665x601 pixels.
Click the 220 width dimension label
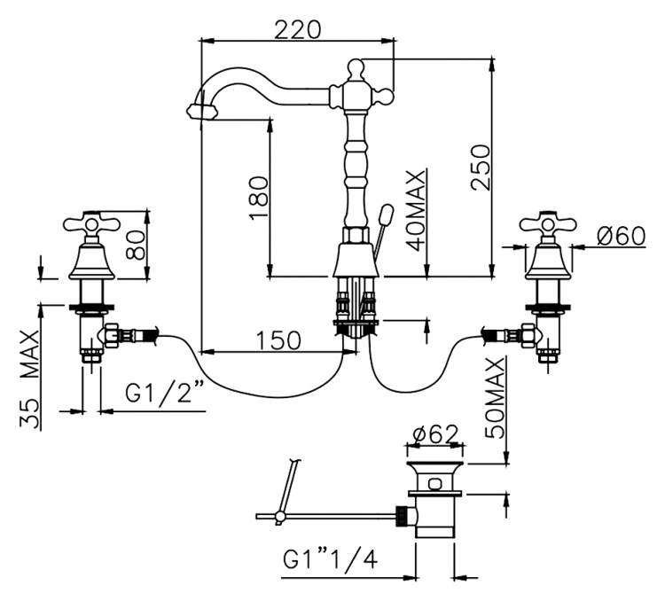298,29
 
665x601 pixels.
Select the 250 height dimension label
481,167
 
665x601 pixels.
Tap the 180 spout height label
259,197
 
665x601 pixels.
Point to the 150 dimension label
278,340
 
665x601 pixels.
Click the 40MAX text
416,210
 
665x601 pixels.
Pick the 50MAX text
495,397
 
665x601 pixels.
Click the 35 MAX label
30,379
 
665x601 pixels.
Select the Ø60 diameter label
621,236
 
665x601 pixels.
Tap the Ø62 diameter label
435,433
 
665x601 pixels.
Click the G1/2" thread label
165,393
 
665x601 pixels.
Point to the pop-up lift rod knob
387,214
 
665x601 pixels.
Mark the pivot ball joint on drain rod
279,516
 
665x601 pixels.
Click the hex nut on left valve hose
111,334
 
